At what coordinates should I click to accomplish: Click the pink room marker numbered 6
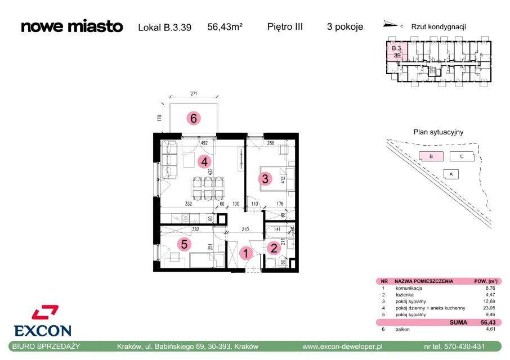[194, 118]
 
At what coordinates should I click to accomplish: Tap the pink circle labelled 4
[204, 161]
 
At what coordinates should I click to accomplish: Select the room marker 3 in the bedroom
[265, 178]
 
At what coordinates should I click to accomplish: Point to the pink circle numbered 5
[184, 244]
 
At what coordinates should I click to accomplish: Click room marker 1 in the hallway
[246, 254]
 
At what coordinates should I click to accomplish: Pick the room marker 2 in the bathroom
[274, 248]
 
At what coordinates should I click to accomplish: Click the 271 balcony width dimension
[194, 93]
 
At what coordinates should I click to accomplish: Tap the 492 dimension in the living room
[204, 143]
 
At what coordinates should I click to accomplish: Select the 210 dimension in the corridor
[245, 229]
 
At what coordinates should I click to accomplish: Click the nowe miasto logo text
[72, 26]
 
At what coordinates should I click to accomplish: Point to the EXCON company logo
[43, 321]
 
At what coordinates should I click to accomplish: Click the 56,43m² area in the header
[225, 26]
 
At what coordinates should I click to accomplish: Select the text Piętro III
[285, 26]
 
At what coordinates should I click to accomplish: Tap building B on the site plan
[431, 156]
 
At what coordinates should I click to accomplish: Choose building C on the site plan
[462, 156]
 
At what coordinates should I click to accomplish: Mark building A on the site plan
[451, 174]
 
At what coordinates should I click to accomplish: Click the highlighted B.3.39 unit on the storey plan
[397, 52]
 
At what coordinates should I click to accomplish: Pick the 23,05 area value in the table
[489, 308]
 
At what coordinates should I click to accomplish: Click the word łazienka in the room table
[405, 295]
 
